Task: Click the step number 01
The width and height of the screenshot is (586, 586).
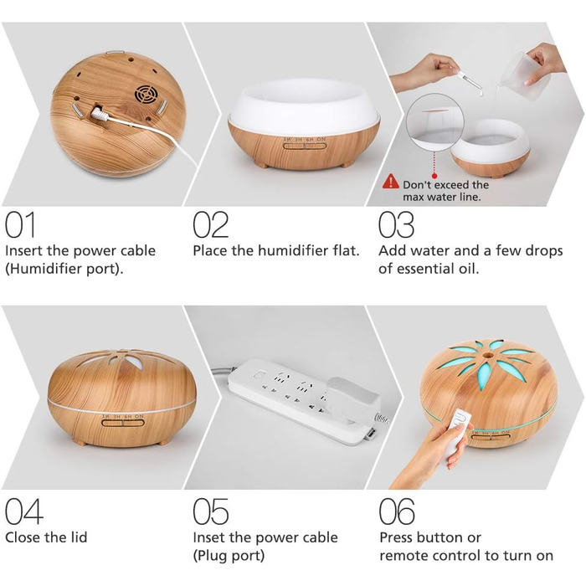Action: tap(20, 224)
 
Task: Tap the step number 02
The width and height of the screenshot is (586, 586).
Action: tap(210, 224)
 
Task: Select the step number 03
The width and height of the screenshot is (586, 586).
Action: tap(396, 224)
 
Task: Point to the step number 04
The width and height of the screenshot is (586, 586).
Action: tap(24, 511)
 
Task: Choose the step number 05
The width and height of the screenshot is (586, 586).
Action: tap(210, 511)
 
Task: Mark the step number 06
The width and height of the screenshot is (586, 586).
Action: tap(397, 511)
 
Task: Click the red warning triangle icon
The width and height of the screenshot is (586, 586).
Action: tap(391, 181)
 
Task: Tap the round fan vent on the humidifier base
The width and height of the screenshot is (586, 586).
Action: tap(146, 94)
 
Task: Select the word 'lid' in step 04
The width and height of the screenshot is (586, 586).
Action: tap(79, 537)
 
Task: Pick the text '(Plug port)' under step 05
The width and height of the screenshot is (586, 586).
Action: tap(229, 556)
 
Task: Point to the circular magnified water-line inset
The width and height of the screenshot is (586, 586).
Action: tap(435, 122)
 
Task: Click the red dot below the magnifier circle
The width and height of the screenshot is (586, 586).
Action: tap(434, 176)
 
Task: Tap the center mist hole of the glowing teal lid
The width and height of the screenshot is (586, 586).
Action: tap(487, 355)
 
